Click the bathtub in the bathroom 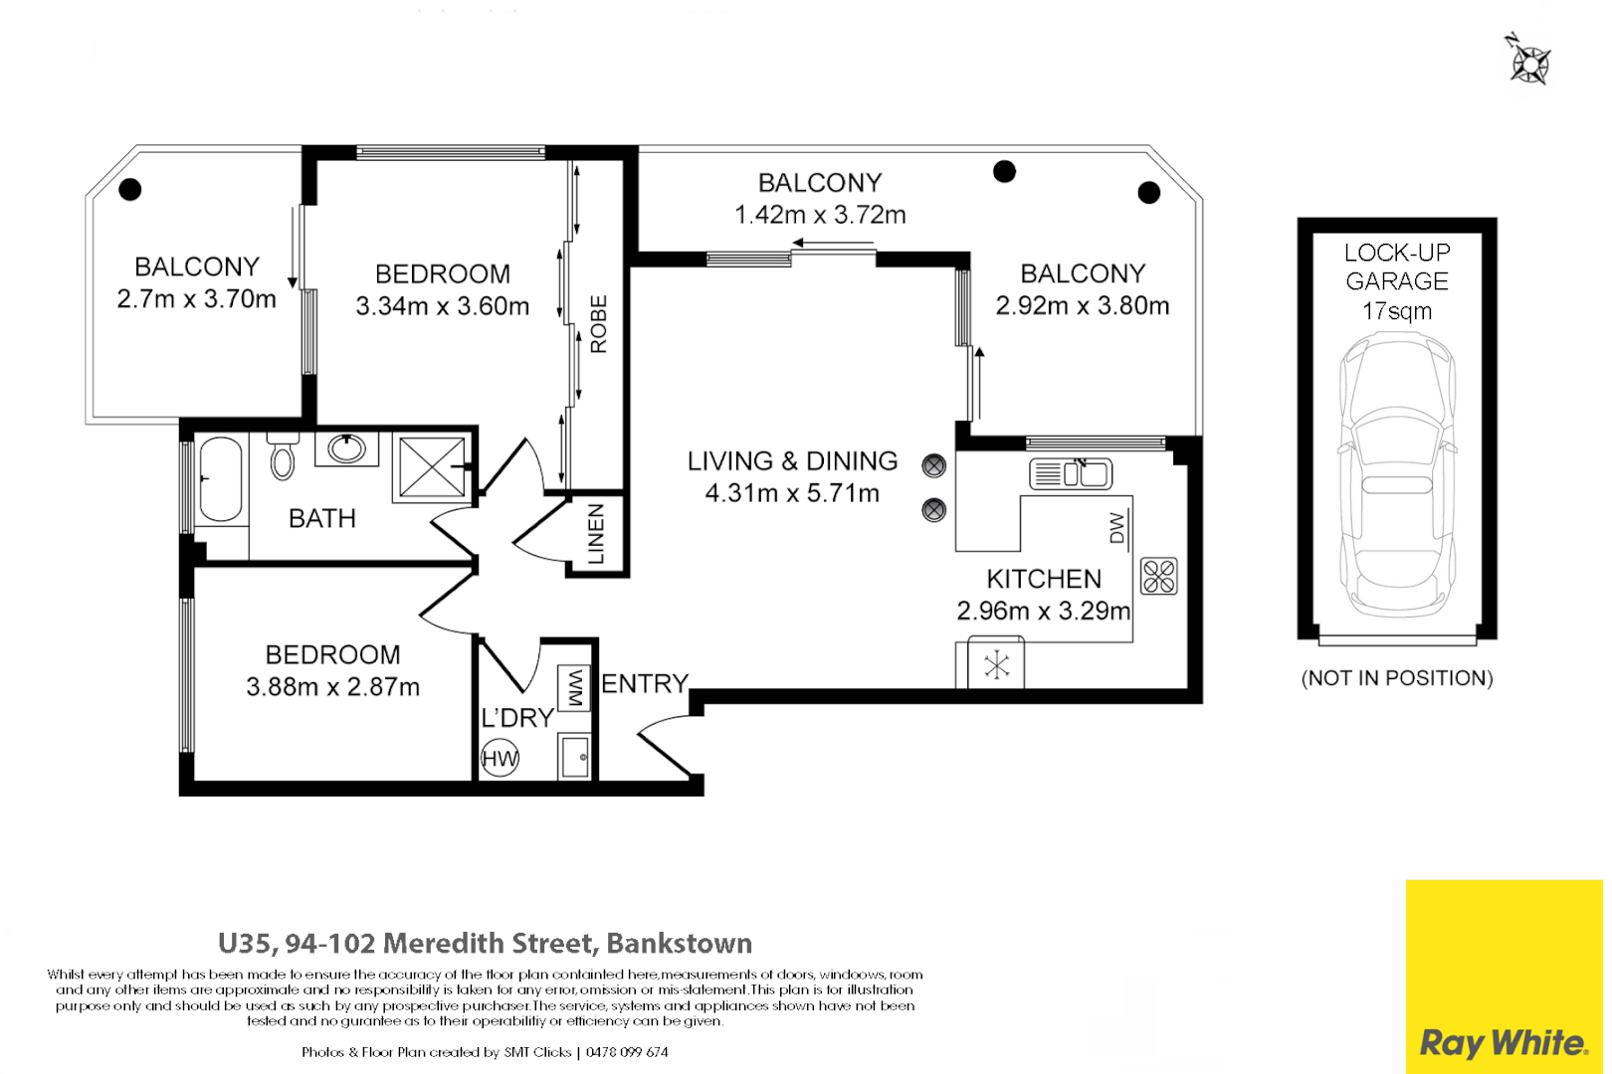(x=221, y=479)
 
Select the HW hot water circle (x=501, y=760)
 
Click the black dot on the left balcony (x=130, y=189)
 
